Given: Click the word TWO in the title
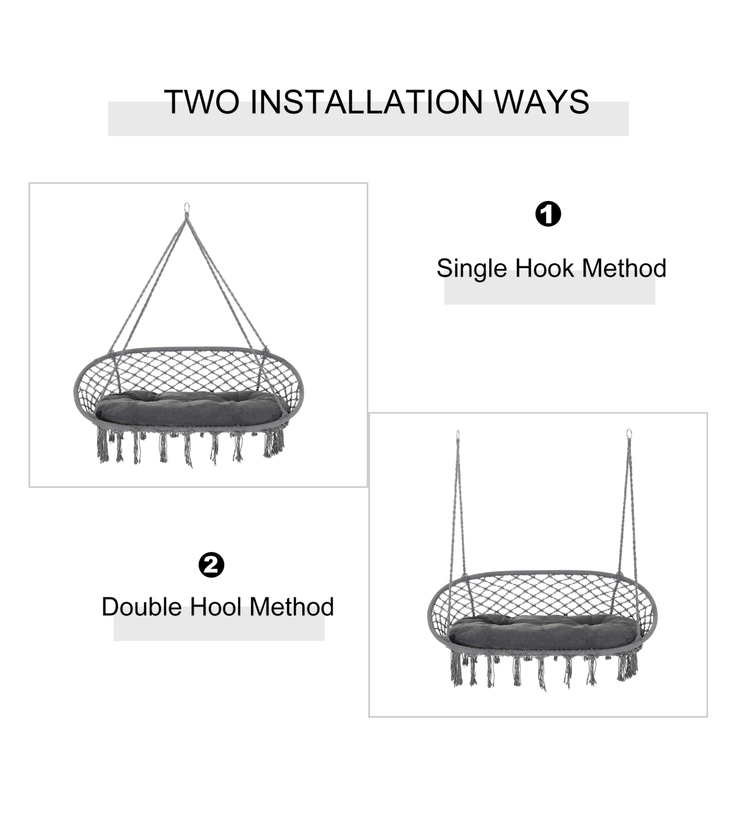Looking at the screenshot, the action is coord(202,102).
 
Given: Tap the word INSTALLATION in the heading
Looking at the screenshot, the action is coord(366,102).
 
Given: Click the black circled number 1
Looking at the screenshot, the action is coord(548,214).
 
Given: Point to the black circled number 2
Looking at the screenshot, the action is coord(211,565).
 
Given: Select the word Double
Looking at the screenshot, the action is coord(142,607).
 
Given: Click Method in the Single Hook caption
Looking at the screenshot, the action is coord(624,268).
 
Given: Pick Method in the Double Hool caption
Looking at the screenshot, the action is coord(291,607).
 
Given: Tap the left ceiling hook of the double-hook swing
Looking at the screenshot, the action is coord(458,434).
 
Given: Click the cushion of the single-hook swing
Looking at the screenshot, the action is coord(192,409).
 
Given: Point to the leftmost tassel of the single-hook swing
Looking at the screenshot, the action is coord(103,445).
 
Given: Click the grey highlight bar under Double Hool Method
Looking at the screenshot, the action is coord(219,624).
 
